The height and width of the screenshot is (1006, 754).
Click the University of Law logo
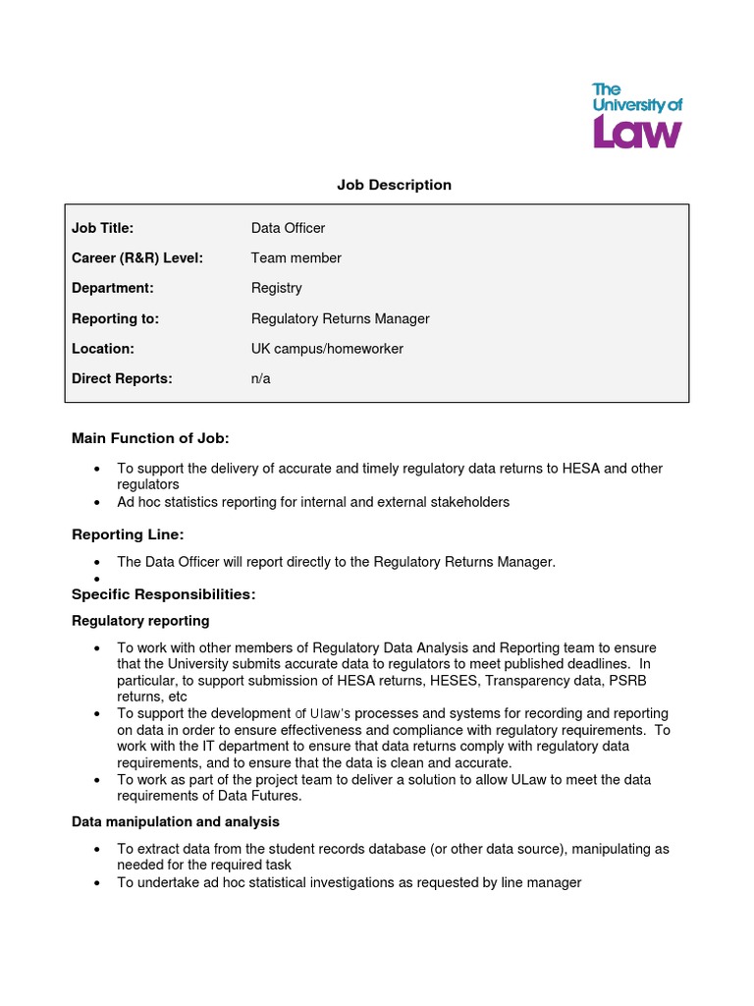pos(636,116)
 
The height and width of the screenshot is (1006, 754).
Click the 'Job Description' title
pos(394,185)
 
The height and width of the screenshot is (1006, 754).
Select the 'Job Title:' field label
pos(102,228)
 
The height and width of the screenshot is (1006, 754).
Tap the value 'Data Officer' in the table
pos(288,228)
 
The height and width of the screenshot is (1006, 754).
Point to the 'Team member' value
pos(296,258)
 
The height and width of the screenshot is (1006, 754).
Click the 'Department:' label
pos(113,288)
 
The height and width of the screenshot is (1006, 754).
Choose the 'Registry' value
pos(276,288)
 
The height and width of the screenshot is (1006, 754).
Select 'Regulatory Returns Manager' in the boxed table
pos(340,318)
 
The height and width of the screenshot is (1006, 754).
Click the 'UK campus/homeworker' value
pos(327,349)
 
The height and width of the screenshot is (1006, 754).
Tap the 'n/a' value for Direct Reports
pos(260,378)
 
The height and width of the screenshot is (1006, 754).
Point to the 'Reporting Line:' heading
pos(128,534)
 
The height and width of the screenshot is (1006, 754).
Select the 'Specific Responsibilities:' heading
pos(163,594)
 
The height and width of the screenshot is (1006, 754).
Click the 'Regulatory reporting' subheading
pos(140,621)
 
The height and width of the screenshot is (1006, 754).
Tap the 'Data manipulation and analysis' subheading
pos(176,821)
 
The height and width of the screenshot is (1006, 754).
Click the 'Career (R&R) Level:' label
pos(137,258)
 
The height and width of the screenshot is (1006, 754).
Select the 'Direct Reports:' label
pos(122,378)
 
